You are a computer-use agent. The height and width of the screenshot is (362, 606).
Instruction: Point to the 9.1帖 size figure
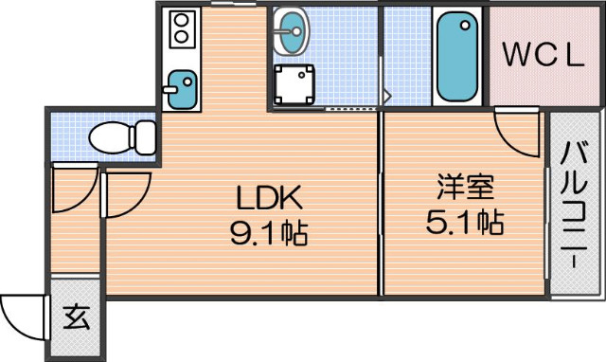[x=270, y=230]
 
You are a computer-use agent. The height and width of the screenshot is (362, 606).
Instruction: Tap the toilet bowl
[x=124, y=135]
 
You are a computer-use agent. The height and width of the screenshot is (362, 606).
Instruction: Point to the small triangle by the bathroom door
[x=385, y=95]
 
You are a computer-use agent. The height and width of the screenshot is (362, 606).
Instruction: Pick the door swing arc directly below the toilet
[x=74, y=190]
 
